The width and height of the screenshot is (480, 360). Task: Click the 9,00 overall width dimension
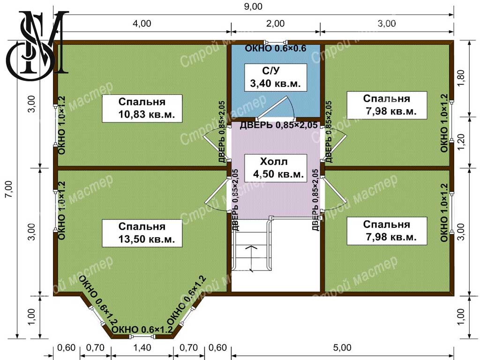[x=253, y=7]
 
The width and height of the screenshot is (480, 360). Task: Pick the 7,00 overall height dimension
[x=9, y=189]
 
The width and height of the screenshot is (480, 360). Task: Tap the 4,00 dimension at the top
[x=142, y=23]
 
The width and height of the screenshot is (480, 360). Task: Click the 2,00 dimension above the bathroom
[x=275, y=23]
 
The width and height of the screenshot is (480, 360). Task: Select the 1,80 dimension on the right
[x=461, y=78]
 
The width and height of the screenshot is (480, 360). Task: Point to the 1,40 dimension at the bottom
[x=142, y=348]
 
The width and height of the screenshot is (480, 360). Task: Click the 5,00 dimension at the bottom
[x=342, y=348]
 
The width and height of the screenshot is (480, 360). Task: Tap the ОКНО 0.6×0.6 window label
[x=276, y=48]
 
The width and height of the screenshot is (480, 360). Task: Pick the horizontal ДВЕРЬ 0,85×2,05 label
[x=278, y=125]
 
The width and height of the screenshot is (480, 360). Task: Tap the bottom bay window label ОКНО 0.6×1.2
[x=142, y=330]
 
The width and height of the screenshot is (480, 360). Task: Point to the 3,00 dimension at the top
[x=387, y=23]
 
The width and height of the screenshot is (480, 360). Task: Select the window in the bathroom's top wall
[x=276, y=42]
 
